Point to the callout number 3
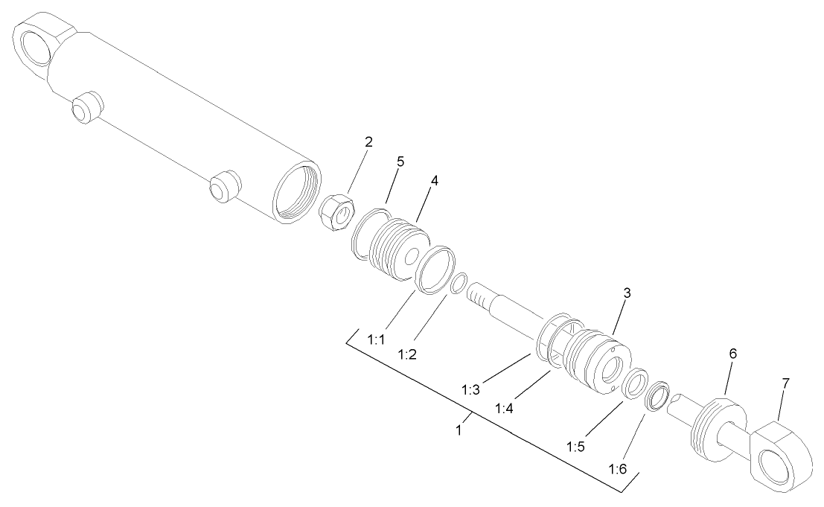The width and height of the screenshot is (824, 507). point(627,293)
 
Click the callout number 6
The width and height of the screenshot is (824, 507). point(732,354)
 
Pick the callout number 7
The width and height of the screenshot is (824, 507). point(786,383)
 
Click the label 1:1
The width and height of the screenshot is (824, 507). point(377,339)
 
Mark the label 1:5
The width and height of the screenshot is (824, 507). point(576,447)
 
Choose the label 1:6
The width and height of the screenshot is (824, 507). point(619,470)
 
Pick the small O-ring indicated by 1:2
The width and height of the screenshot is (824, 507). point(459,284)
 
